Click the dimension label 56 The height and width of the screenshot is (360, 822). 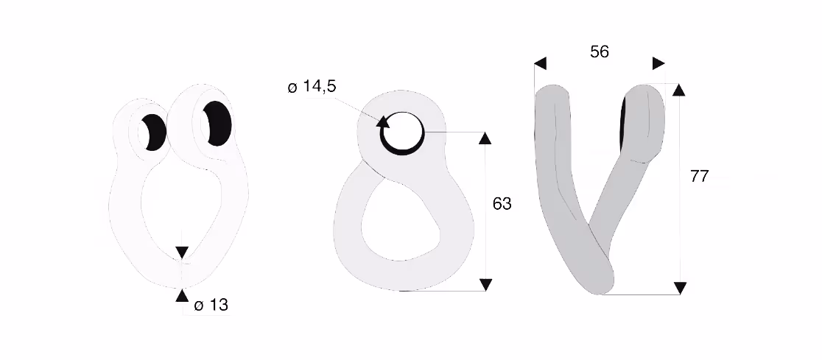(600, 52)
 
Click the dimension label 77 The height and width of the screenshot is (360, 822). (699, 177)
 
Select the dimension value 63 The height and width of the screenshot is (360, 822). (502, 203)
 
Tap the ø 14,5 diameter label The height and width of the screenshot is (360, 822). (312, 86)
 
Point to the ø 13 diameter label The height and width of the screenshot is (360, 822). (211, 305)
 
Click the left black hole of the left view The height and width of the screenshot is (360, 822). (154, 132)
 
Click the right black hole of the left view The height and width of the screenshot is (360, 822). (217, 123)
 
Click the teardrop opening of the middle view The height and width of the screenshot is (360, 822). (399, 220)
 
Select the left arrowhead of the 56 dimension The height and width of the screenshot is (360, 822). (541, 63)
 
